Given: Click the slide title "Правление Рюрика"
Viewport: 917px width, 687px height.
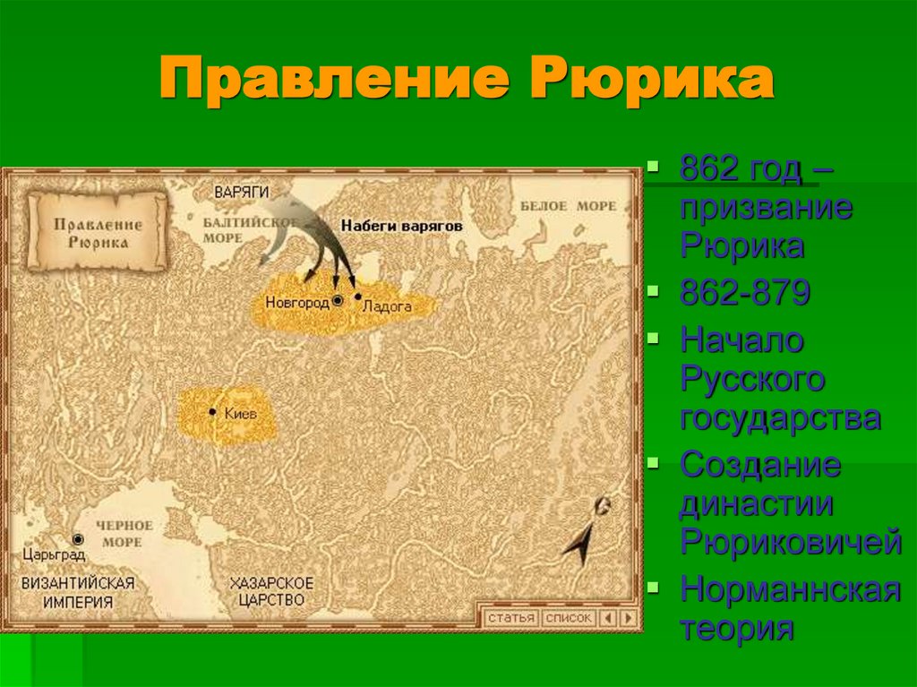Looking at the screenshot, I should tap(466, 81).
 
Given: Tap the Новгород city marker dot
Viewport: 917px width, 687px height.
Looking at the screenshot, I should tap(338, 301).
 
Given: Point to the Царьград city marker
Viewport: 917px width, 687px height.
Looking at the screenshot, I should tap(78, 539).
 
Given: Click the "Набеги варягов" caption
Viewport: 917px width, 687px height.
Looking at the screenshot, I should tap(401, 227).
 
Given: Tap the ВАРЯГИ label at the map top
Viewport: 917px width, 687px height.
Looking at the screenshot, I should tap(241, 192).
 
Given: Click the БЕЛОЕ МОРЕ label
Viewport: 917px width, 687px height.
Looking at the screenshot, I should tap(569, 206).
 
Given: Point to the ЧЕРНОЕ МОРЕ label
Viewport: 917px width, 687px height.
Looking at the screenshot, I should tap(124, 533).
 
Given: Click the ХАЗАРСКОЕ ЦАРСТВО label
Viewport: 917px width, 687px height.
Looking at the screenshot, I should tap(267, 591).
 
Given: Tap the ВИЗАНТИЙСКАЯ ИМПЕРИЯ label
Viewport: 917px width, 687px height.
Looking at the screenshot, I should tap(79, 592).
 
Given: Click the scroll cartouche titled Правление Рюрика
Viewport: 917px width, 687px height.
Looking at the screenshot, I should tap(97, 232).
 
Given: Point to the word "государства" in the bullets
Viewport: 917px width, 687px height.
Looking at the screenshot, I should tap(780, 417).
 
